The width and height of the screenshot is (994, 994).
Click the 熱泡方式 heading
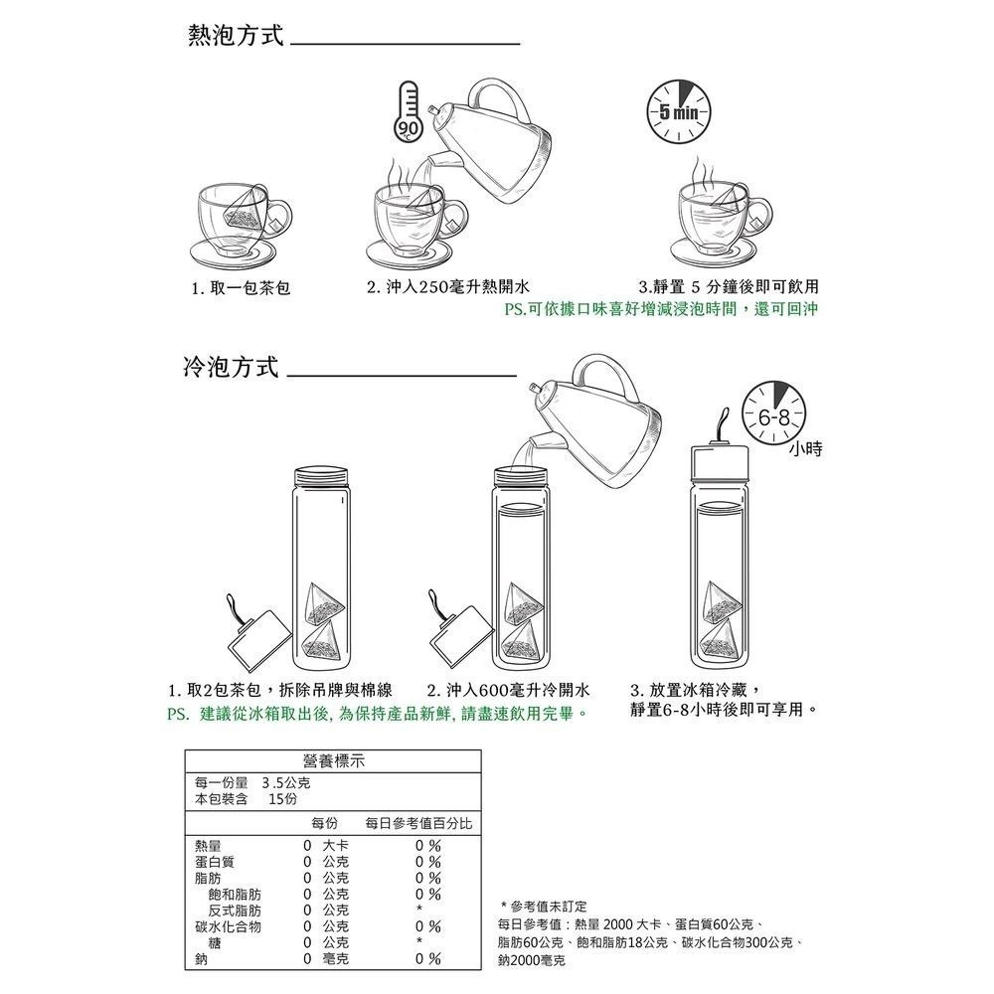[236, 37]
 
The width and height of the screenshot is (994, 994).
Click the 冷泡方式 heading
[231, 368]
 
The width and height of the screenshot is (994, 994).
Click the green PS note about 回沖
[660, 309]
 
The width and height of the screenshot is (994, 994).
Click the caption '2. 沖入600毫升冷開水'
[508, 690]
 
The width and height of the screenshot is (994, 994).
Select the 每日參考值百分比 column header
[418, 824]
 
